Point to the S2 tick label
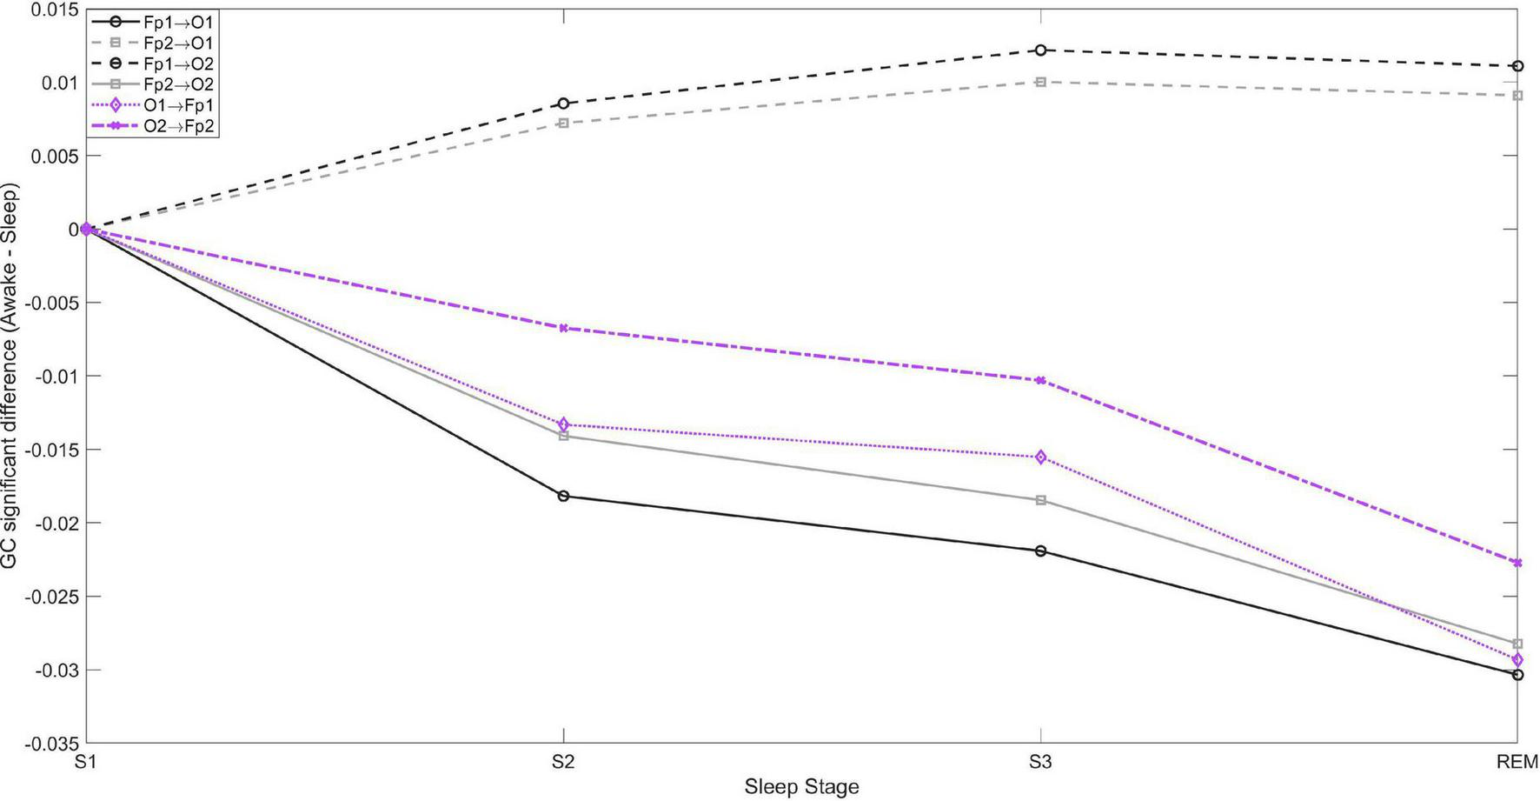(563, 763)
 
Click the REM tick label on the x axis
(1517, 763)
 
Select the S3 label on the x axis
(1040, 763)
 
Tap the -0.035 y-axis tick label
(52, 744)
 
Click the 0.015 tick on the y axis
(56, 10)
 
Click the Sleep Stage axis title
(801, 788)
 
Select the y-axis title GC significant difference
(10, 376)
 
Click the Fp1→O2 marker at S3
(1040, 50)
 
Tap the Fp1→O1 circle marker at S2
(564, 496)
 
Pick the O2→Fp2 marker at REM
(1517, 563)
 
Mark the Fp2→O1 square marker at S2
(564, 123)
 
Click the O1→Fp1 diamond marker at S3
(1040, 457)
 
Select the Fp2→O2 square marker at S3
(1040, 500)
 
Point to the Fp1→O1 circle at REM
(1517, 674)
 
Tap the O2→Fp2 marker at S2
(564, 328)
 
